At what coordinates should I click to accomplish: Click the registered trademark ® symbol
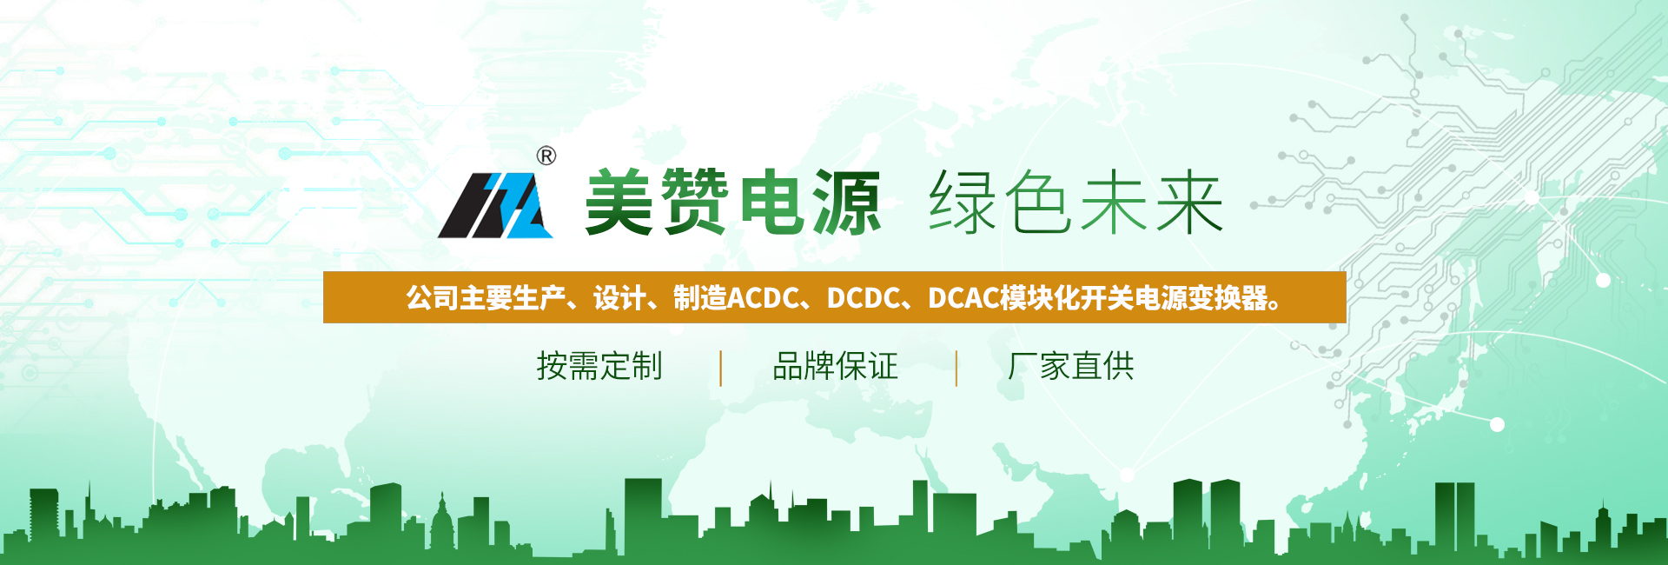(x=546, y=156)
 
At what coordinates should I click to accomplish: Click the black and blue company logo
(x=496, y=205)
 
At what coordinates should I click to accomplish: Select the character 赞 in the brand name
(x=694, y=203)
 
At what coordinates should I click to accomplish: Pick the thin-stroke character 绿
(x=963, y=203)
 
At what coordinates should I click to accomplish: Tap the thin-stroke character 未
(x=1114, y=203)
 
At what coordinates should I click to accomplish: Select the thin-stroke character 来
(x=1189, y=203)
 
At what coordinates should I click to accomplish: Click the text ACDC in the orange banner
(x=763, y=298)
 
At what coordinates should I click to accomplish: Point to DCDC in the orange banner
(x=864, y=298)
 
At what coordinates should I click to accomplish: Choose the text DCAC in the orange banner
(x=964, y=298)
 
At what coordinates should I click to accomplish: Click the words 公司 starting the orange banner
(x=432, y=298)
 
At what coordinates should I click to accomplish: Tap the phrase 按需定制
(x=599, y=366)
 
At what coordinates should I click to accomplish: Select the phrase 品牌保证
(x=835, y=366)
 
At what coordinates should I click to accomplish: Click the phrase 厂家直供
(x=1071, y=366)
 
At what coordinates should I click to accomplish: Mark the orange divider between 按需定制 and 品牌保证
(x=721, y=368)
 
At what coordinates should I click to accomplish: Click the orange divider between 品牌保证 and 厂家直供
(x=956, y=368)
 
